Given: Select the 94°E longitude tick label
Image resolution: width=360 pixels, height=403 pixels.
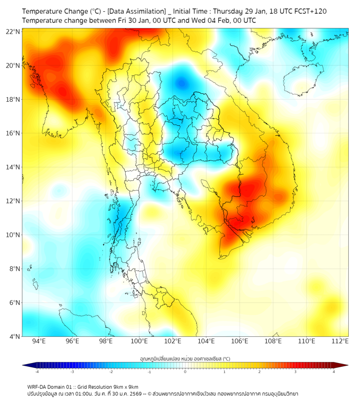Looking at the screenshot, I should point(39,341).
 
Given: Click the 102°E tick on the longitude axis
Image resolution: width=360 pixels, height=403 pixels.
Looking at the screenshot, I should point(173,341).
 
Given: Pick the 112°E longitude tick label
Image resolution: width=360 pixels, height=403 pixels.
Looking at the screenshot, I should point(340,341).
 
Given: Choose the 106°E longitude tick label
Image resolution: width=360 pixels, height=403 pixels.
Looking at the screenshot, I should point(240,341).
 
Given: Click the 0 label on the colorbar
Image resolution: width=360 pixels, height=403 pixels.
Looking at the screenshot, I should point(185,372).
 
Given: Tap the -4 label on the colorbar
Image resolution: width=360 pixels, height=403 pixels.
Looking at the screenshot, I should point(37,372).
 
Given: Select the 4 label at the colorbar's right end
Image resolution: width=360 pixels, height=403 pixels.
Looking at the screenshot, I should point(334,372).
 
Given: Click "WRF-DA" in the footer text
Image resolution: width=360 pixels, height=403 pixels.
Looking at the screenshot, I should point(38,386).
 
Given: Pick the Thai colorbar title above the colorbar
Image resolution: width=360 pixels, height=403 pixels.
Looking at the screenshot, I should point(185,358).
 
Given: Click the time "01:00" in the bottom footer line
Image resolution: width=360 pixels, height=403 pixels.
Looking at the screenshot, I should point(87,393).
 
